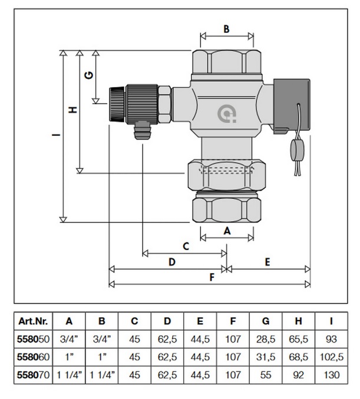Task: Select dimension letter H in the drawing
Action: click(72, 110)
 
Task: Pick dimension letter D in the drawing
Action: click(171, 262)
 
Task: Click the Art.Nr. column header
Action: click(32, 321)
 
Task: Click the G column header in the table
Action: click(266, 321)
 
